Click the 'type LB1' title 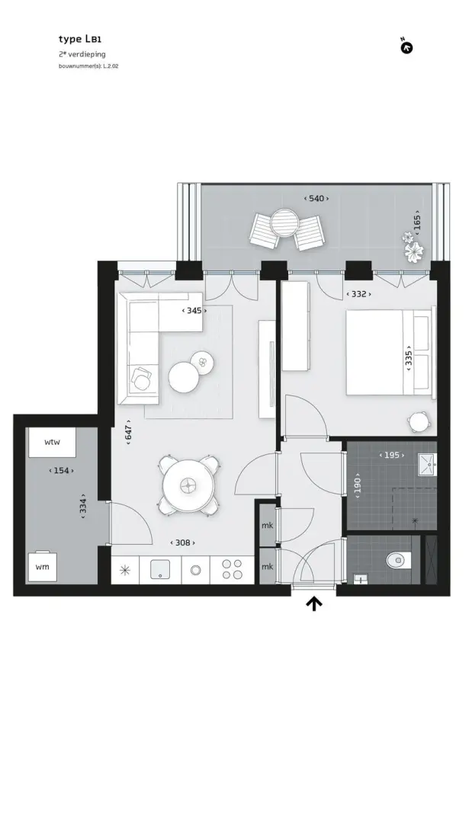pyautogui.click(x=79, y=39)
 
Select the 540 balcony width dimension pyautogui.click(x=316, y=198)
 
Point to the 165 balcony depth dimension pyautogui.click(x=417, y=222)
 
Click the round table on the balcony pyautogui.click(x=285, y=223)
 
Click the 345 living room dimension pyautogui.click(x=194, y=310)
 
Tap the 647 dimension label pyautogui.click(x=129, y=432)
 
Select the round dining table pyautogui.click(x=188, y=485)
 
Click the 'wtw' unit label pyautogui.click(x=52, y=442)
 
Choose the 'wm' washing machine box pyautogui.click(x=43, y=567)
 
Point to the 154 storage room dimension pyautogui.click(x=61, y=470)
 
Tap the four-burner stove pyautogui.click(x=232, y=570)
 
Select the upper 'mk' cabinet pyautogui.click(x=267, y=525)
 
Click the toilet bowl pyautogui.click(x=399, y=560)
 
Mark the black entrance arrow pyautogui.click(x=314, y=603)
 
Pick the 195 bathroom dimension pyautogui.click(x=392, y=455)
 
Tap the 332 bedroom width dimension pyautogui.click(x=359, y=294)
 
